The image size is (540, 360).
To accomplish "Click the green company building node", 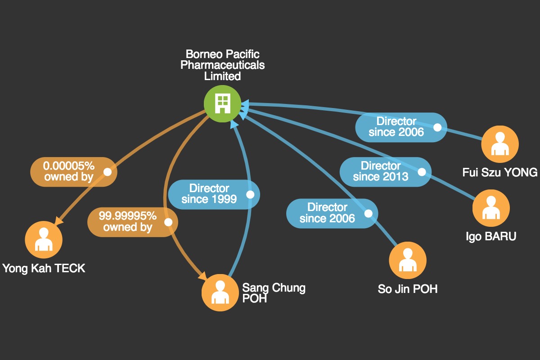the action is (222, 103).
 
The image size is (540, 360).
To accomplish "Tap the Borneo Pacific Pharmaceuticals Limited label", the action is (222, 65).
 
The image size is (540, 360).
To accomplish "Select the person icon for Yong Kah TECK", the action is (44, 239).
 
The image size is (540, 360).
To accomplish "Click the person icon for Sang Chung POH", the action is (220, 292).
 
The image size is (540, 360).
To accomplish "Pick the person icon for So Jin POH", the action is (408, 260).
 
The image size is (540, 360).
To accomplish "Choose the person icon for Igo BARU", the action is (491, 208).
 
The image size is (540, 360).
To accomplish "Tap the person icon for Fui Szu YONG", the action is (500, 144).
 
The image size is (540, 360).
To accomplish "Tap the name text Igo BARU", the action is (491, 236).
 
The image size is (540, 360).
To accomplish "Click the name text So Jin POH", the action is (408, 289).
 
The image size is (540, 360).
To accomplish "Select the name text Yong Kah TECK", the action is (44, 268).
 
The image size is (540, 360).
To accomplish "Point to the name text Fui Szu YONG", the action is (500, 172).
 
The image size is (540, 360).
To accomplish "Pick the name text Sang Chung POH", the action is (274, 293).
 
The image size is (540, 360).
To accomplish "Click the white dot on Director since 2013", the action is (422, 172).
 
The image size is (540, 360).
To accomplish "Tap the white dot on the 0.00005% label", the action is (108, 172).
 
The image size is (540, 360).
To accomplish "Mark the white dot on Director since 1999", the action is (250, 194).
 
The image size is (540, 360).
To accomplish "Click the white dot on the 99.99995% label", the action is (168, 222).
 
